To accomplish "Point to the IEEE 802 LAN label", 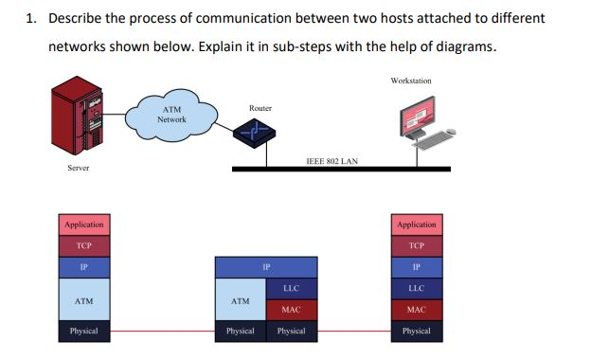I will click(x=331, y=161).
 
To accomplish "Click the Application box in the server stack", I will click(x=83, y=225).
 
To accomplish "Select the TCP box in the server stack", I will click(x=83, y=244).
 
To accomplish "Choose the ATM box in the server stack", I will click(x=83, y=300).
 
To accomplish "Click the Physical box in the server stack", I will click(x=83, y=332).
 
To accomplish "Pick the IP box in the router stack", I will click(x=266, y=267).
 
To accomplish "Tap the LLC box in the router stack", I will click(x=292, y=289).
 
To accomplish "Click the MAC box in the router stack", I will click(x=292, y=310).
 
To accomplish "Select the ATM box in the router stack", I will click(x=241, y=300).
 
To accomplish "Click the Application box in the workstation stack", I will click(x=417, y=225).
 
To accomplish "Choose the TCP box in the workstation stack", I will click(x=417, y=244).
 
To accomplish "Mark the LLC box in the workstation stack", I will click(x=417, y=288).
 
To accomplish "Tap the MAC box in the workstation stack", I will click(x=417, y=310).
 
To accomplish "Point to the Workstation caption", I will click(x=410, y=81).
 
